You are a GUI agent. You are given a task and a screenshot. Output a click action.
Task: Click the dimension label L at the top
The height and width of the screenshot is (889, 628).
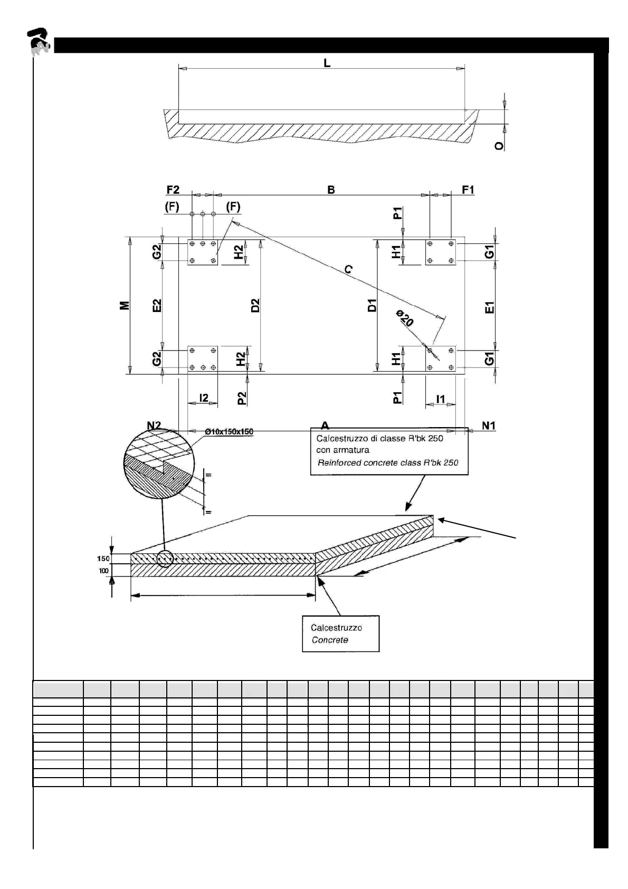327,63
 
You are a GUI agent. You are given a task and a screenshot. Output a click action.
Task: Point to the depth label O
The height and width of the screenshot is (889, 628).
499,145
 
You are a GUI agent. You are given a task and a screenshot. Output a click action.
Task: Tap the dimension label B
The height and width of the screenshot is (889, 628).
331,190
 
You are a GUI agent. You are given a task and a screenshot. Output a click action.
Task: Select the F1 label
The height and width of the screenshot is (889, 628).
468,190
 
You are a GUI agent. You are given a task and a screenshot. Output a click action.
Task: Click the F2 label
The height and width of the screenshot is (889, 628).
173,190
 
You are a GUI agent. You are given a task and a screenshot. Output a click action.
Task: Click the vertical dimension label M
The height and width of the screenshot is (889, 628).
125,306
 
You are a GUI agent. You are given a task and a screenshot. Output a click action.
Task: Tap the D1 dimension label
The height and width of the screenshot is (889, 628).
372,306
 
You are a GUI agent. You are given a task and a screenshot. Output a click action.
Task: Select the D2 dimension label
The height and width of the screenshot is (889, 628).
255,306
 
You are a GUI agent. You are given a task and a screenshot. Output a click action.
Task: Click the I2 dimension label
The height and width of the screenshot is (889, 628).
204,398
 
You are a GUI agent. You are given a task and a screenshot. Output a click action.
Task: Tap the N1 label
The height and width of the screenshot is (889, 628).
489,425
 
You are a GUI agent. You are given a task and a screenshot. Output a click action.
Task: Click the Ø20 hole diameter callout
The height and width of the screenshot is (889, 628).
405,319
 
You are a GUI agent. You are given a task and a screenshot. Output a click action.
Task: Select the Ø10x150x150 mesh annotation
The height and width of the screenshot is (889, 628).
229,432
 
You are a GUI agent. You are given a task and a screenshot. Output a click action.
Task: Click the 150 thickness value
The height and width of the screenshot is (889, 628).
103,559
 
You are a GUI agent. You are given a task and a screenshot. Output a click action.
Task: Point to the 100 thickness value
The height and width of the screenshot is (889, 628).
103,571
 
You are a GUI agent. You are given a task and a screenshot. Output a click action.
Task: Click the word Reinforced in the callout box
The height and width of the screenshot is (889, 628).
339,463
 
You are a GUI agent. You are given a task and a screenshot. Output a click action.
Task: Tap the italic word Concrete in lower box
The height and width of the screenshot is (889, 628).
330,640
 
